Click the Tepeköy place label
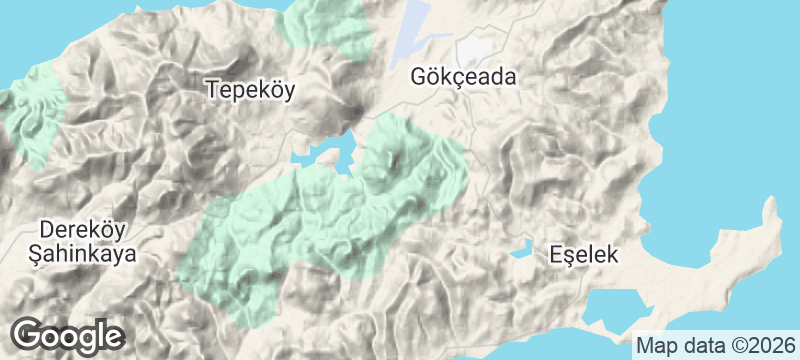(x=252, y=89)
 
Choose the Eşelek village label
(x=585, y=255)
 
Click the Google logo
(x=68, y=336)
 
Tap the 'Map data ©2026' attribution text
(x=714, y=346)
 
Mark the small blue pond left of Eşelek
(x=520, y=249)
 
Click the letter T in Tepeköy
(x=212, y=89)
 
